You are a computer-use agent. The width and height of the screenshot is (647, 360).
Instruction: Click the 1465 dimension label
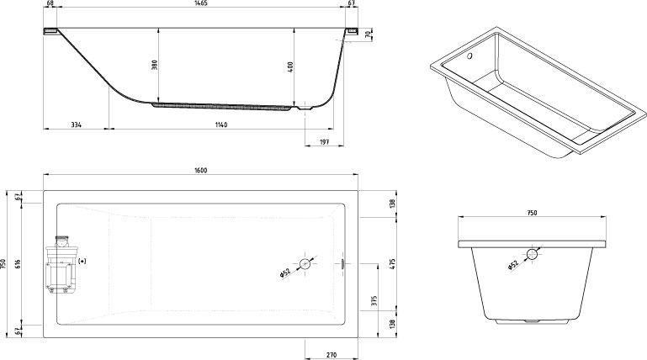coord(201,3)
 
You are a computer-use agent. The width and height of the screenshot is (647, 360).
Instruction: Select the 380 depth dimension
coord(155,65)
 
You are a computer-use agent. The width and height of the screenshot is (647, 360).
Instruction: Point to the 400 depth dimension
coord(290,66)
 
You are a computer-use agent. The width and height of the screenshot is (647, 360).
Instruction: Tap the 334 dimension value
coord(76,124)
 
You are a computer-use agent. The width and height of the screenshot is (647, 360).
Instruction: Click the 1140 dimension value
coord(220,124)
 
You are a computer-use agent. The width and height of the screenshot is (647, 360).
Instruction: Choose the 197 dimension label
coord(324,142)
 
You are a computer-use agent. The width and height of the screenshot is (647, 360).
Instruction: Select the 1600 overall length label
coord(201,170)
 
